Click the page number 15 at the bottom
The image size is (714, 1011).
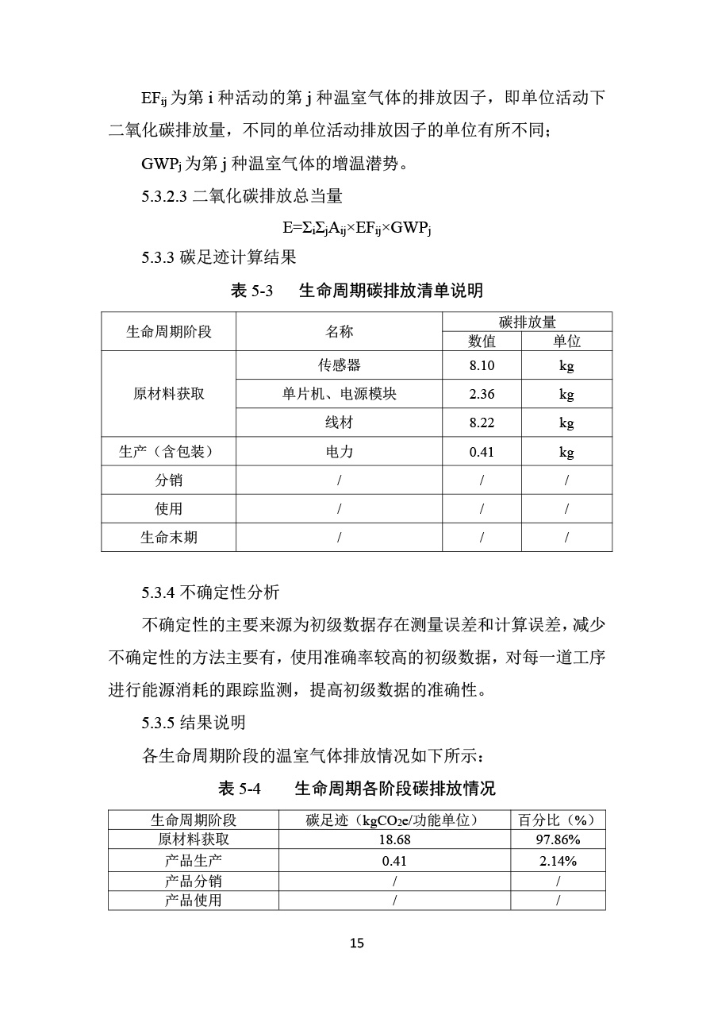(x=356, y=943)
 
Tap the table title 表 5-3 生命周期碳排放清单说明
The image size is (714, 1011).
(x=356, y=291)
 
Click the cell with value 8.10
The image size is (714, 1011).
(x=482, y=365)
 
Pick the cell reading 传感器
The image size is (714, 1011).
(x=339, y=365)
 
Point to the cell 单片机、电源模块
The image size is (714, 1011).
(x=339, y=394)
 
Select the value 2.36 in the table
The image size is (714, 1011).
(x=482, y=394)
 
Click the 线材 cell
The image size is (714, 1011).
(x=339, y=423)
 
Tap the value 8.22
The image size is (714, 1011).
(x=482, y=423)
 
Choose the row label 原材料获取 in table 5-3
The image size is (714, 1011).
(x=168, y=394)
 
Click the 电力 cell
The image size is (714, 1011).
(x=339, y=452)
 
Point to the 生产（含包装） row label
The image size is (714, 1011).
(x=168, y=452)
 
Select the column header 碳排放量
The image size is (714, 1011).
(x=527, y=322)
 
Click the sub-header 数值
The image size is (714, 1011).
(x=482, y=341)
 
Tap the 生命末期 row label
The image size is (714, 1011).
(x=168, y=538)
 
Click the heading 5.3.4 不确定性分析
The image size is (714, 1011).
(x=210, y=592)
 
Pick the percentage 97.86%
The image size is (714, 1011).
(x=558, y=839)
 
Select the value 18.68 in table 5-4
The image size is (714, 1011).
(x=394, y=839)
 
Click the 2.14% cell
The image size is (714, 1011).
(x=558, y=860)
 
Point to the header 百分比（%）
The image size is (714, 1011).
(x=558, y=820)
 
